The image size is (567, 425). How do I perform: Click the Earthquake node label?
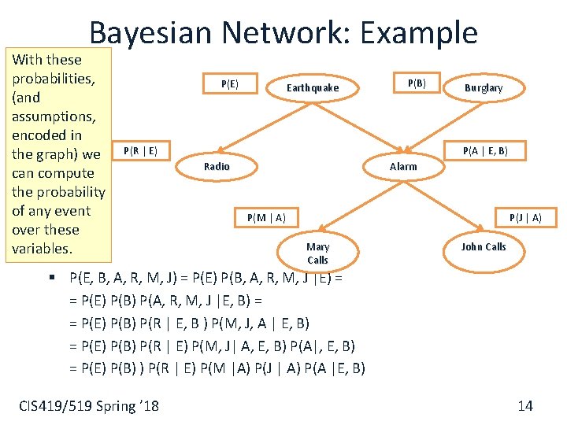pyautogui.click(x=313, y=88)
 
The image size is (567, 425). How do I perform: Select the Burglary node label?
pyautogui.click(x=483, y=88)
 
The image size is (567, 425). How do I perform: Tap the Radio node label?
pyautogui.click(x=217, y=166)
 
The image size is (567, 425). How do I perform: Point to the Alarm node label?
pyautogui.click(x=403, y=166)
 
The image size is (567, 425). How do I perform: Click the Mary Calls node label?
pyautogui.click(x=317, y=253)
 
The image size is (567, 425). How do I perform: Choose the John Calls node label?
pyautogui.click(x=484, y=247)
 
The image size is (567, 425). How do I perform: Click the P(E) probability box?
pyautogui.click(x=230, y=84)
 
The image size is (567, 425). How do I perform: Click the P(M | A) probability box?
pyautogui.click(x=266, y=217)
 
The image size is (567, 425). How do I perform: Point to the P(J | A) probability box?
pyautogui.click(x=525, y=217)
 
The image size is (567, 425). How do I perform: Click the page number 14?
pyautogui.click(x=525, y=405)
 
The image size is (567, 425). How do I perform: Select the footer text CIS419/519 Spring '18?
pyautogui.click(x=88, y=405)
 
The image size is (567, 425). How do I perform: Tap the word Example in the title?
pyautogui.click(x=418, y=33)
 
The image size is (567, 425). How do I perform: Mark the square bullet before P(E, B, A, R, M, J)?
pyautogui.click(x=50, y=277)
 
